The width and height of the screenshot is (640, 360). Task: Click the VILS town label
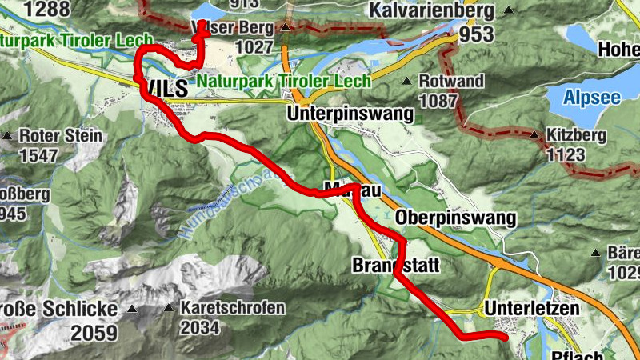(x=165, y=88)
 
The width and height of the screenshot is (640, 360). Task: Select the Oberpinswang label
(x=456, y=218)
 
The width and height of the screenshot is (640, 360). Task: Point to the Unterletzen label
(x=531, y=308)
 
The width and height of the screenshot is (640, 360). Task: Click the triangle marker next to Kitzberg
(x=534, y=134)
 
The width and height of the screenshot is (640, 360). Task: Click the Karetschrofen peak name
(x=232, y=308)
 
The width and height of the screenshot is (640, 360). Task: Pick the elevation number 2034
(x=199, y=327)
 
